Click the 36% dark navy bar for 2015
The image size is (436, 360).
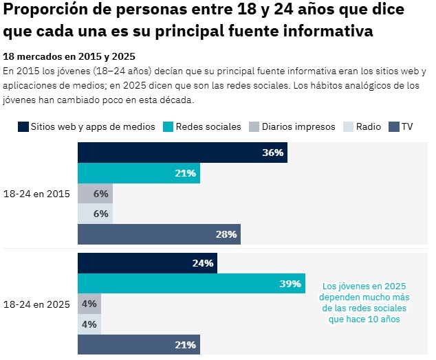pos(182,153)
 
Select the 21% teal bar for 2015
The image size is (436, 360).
pos(138,173)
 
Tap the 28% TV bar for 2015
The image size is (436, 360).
pos(159,234)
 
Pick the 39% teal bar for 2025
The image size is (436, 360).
pos(191,284)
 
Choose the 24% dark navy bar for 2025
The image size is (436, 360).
pos(147,263)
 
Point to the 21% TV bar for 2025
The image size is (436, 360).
pos(138,345)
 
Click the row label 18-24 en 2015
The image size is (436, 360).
pos(36,194)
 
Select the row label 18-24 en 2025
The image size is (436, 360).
pos(36,304)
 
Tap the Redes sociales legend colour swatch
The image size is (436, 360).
pos(167,127)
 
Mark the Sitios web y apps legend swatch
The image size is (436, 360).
pos(23,127)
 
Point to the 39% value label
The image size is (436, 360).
pos(290,284)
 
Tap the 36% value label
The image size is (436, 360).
pos(272,153)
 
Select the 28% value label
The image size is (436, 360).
pos(226,234)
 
